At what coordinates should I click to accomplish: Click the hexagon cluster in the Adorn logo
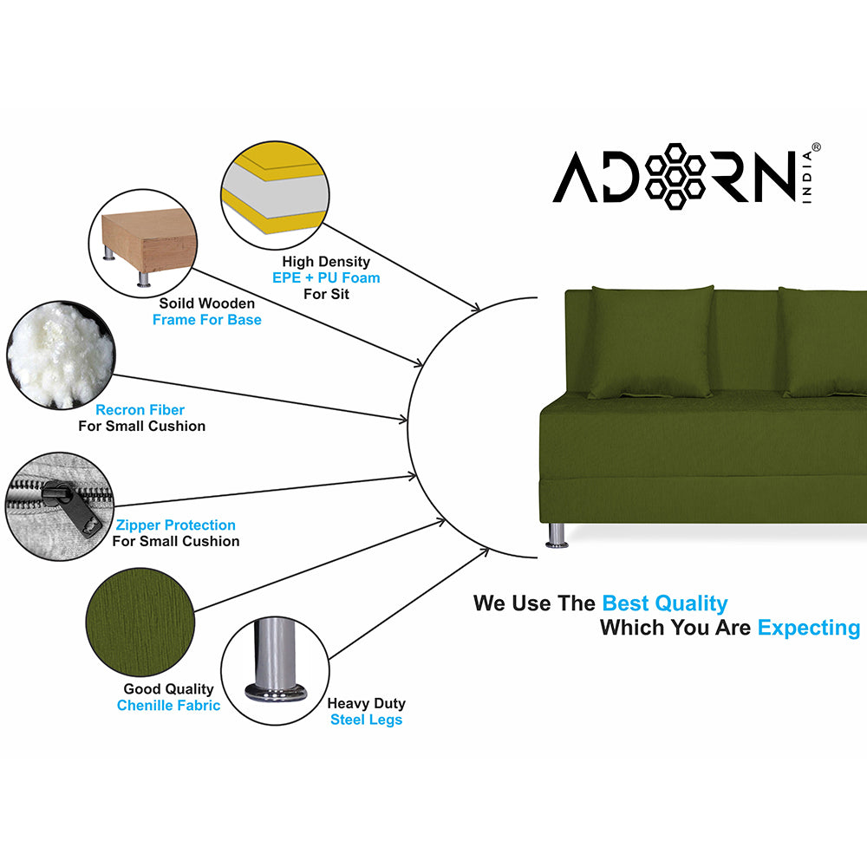(x=675, y=176)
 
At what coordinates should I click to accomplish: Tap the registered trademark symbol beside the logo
(x=816, y=147)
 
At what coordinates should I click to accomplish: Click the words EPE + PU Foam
(x=326, y=277)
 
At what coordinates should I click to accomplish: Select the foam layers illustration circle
(x=276, y=195)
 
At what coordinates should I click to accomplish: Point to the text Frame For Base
(x=207, y=320)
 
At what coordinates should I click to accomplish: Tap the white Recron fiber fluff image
(x=61, y=355)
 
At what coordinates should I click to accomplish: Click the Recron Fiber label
(x=140, y=410)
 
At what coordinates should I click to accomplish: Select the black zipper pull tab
(x=71, y=507)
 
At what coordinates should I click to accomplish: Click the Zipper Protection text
(x=176, y=525)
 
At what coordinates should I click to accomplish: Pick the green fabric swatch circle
(x=140, y=622)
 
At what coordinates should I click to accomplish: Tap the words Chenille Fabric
(x=169, y=706)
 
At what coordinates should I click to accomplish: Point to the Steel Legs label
(x=367, y=720)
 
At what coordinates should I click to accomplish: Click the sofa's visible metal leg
(x=557, y=535)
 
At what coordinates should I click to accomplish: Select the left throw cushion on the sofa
(x=651, y=342)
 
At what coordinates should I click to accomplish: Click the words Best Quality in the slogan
(x=665, y=603)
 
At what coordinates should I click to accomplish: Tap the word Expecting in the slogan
(x=809, y=628)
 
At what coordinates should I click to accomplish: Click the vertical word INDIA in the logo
(x=807, y=178)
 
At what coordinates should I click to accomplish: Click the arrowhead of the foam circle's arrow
(x=474, y=307)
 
